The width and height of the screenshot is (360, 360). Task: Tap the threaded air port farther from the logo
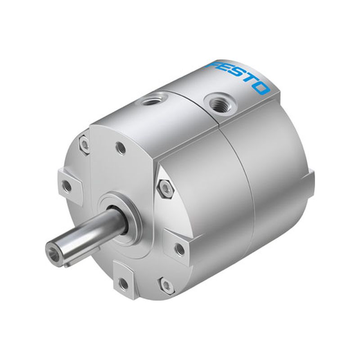(153, 99)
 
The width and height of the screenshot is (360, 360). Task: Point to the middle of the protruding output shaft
(85, 234)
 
